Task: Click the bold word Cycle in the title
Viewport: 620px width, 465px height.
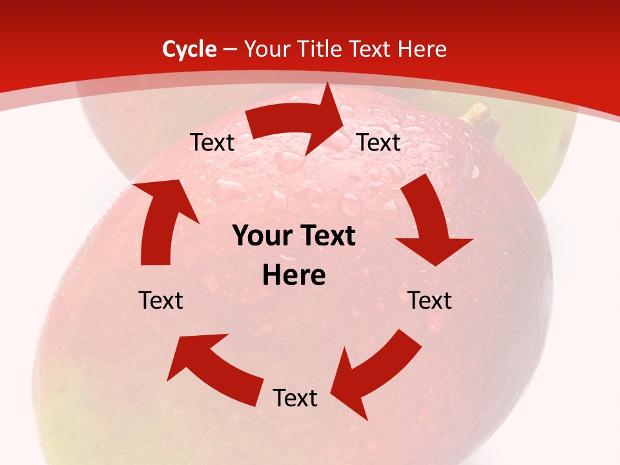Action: [x=189, y=49]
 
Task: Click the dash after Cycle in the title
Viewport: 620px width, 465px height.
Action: [x=230, y=49]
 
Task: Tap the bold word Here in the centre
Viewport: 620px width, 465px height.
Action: [x=294, y=276]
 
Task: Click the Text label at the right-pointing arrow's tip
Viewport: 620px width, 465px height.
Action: [x=379, y=142]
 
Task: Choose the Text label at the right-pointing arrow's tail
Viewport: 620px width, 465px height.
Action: [x=212, y=142]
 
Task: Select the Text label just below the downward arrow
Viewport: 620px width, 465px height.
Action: [x=429, y=300]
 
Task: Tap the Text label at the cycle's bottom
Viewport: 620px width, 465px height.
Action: [x=295, y=398]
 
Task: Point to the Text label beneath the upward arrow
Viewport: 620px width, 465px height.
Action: [x=161, y=300]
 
